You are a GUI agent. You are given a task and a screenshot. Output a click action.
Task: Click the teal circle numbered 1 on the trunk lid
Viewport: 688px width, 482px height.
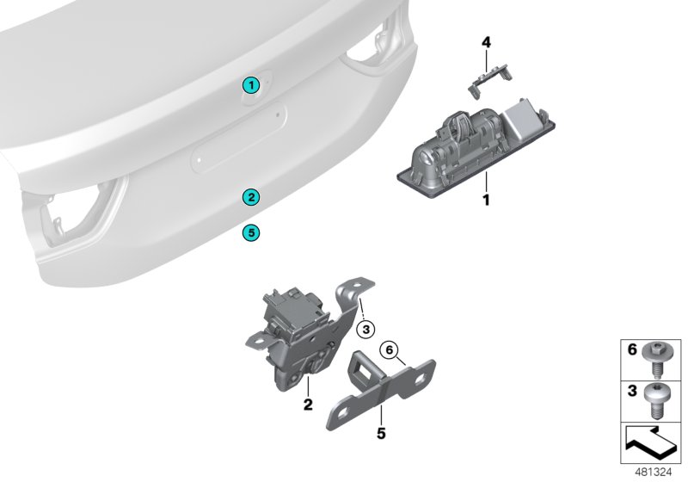coord(249,84)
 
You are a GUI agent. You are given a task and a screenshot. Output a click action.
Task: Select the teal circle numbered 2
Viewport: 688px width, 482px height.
coord(249,197)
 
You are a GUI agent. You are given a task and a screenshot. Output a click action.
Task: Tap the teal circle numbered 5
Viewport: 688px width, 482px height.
coord(249,232)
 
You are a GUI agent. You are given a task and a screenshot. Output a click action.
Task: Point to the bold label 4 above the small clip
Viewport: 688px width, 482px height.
coord(485,42)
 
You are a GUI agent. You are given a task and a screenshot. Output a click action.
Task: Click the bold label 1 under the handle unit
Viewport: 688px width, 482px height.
coord(485,201)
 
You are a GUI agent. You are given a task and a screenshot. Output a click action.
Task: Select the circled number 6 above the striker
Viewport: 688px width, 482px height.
coord(387,349)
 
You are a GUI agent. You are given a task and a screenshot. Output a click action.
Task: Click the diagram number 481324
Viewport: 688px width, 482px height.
coord(651,473)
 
